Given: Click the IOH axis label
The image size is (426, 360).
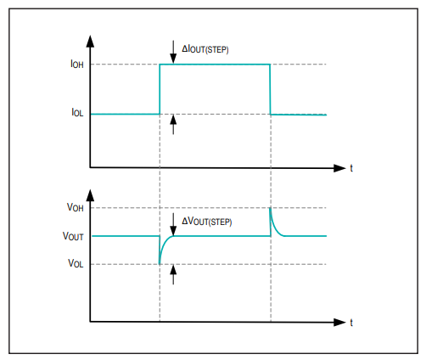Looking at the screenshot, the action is (77, 64).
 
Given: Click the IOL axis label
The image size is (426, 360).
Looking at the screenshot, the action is (77, 113).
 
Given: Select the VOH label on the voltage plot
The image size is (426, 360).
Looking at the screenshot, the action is (76, 207).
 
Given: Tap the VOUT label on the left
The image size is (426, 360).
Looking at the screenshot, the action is (73, 236).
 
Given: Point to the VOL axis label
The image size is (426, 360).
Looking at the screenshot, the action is (76, 263).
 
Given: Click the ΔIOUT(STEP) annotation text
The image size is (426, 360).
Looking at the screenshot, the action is (205, 49).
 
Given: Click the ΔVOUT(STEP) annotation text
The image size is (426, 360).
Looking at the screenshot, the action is (207, 221).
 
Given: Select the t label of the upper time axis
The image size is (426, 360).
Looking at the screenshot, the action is (351, 168).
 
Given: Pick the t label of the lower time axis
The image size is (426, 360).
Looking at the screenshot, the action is (351, 323).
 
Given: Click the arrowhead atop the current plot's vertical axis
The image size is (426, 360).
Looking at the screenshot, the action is (90, 41).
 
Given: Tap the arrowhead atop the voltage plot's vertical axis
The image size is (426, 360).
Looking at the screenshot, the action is (90, 195).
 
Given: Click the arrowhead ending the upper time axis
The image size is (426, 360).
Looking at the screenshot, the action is (339, 168).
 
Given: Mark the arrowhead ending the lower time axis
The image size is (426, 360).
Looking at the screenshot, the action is (339, 322).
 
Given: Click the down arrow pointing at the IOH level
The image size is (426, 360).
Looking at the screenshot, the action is (173, 53).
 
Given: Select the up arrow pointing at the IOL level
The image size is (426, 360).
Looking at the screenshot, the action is (173, 125).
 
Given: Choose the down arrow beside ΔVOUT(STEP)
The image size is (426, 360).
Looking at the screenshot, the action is (173, 224).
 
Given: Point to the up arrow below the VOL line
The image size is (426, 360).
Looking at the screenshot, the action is (173, 274).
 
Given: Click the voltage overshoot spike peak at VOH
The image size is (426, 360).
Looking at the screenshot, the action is (271, 208).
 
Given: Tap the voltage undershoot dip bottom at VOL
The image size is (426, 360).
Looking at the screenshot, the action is (160, 264).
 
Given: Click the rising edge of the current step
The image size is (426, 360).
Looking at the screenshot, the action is (160, 89).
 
